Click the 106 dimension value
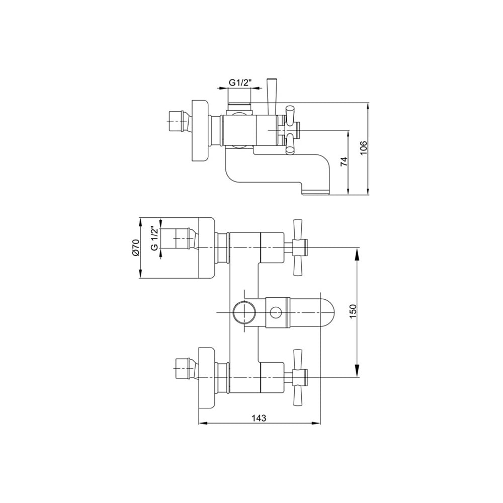click(x=363, y=148)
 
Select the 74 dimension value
click(x=344, y=161)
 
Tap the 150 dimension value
click(x=353, y=311)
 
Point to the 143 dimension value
click(x=259, y=418)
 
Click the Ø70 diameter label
click(x=135, y=247)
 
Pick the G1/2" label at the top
click(x=239, y=82)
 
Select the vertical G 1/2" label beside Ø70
click(x=154, y=238)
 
